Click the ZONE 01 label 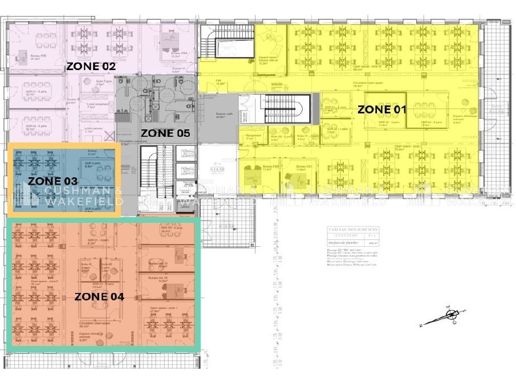pyautogui.click(x=381, y=109)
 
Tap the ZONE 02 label pyautogui.click(x=91, y=66)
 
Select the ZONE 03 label pyautogui.click(x=52, y=181)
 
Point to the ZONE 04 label pyautogui.click(x=99, y=296)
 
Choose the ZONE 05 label pyautogui.click(x=165, y=133)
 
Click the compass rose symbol pyautogui.click(x=451, y=315)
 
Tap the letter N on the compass pyautogui.click(x=421, y=325)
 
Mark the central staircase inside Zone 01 pyautogui.click(x=285, y=109)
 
